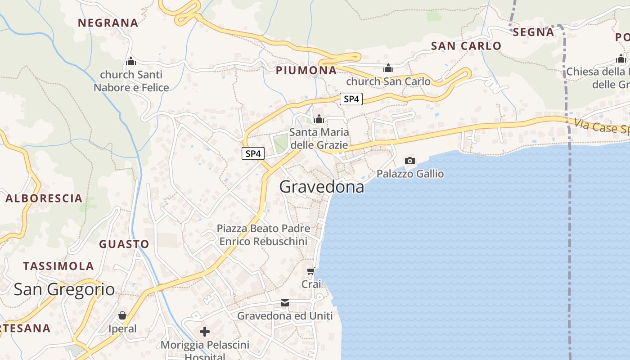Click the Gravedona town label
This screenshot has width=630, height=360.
point(321,186)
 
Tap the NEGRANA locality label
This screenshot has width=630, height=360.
point(108,22)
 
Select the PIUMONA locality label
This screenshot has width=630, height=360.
point(306,70)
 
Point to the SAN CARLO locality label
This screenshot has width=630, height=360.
point(466,46)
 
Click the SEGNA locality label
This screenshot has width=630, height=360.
point(533,32)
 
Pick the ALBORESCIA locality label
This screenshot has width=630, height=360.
point(44,198)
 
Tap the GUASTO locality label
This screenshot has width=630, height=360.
point(124,244)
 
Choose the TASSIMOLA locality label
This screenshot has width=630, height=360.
point(58,266)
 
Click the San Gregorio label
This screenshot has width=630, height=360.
point(64,289)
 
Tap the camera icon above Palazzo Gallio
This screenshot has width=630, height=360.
point(409,161)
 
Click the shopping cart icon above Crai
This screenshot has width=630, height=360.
point(310,271)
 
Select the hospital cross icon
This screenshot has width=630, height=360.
point(204,332)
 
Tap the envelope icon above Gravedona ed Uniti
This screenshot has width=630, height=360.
point(284,303)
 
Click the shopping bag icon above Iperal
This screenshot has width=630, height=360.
point(122,315)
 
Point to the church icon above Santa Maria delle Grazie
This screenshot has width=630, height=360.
point(319,119)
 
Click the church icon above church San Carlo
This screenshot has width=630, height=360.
point(388,68)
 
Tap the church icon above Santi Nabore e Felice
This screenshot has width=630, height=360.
point(131,61)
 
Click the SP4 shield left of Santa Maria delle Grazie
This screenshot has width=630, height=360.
point(253,153)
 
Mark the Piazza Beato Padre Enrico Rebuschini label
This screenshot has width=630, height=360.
point(263,235)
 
